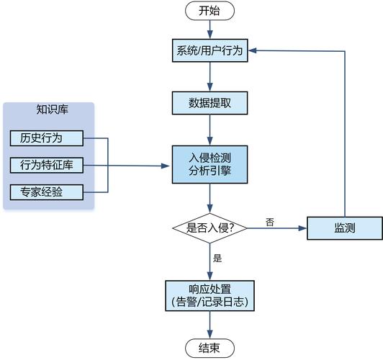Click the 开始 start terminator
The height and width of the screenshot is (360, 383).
click(x=209, y=11)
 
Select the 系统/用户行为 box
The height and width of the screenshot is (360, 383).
click(x=209, y=50)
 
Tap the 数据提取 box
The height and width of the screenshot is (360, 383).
click(x=209, y=103)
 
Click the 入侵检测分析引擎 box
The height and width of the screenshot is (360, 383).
click(x=209, y=164)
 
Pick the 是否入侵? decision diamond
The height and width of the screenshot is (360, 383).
click(x=209, y=228)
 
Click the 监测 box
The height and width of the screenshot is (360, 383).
click(x=345, y=228)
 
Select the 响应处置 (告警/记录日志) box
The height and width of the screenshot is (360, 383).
click(x=209, y=295)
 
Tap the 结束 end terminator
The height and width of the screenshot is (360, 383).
click(x=209, y=348)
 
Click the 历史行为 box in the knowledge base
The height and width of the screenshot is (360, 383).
click(x=47, y=138)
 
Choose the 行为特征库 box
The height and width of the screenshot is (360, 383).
click(x=47, y=165)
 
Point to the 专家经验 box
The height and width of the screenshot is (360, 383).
click(x=47, y=192)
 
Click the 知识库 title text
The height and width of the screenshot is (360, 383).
click(x=53, y=109)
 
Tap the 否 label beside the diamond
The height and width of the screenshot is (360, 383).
click(x=270, y=222)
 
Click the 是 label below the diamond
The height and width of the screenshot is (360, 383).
click(x=217, y=258)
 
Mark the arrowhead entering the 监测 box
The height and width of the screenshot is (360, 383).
click(x=302, y=228)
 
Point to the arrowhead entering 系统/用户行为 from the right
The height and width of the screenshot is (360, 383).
click(x=252, y=50)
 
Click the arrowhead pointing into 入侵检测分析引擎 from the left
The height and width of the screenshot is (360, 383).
click(x=166, y=166)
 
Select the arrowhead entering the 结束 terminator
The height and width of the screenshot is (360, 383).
click(x=209, y=334)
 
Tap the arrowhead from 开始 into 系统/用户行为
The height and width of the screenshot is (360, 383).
click(x=209, y=35)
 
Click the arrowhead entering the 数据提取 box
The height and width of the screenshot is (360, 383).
click(x=209, y=87)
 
